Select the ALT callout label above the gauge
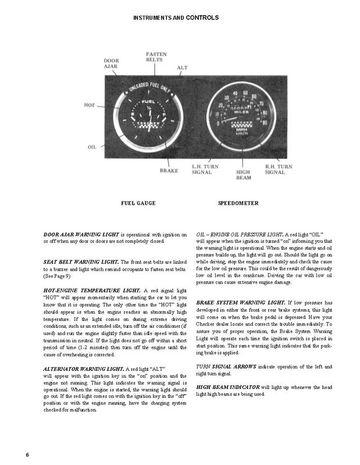pyautogui.click(x=182, y=67)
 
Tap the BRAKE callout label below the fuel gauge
pyautogui.click(x=169, y=171)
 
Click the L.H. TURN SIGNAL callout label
pyautogui.click(x=205, y=169)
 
